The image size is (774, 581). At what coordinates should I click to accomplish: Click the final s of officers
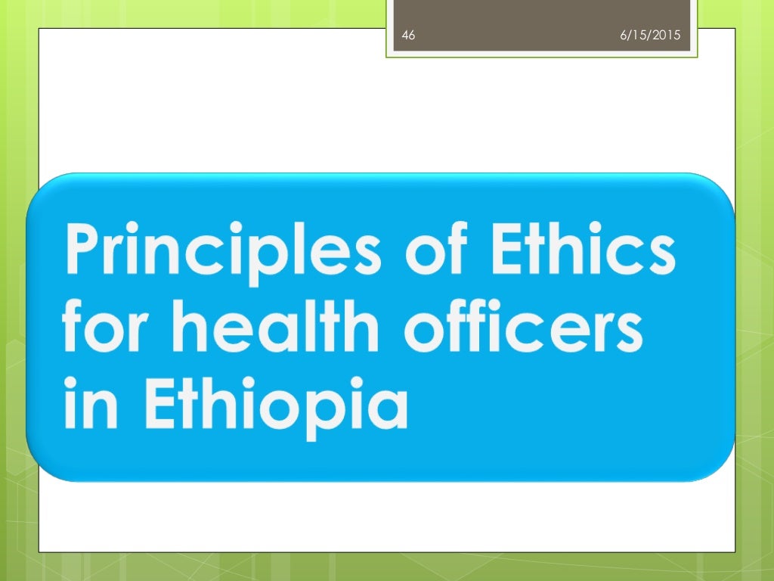tap(628, 332)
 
